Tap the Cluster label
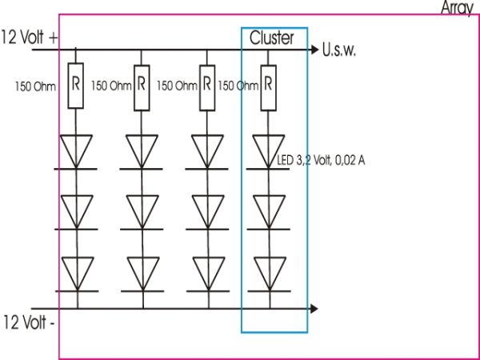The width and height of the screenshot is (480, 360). tap(272, 38)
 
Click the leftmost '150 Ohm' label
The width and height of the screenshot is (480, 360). tap(33, 84)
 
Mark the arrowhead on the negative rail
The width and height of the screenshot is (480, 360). tap(313, 307)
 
